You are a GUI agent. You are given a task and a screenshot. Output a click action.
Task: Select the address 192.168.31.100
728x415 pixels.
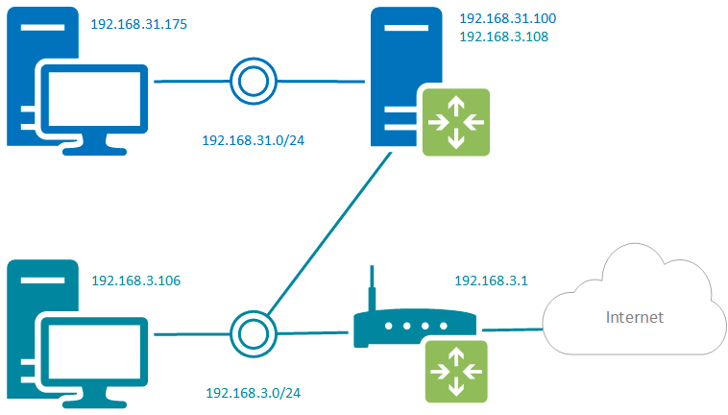coord(507,18)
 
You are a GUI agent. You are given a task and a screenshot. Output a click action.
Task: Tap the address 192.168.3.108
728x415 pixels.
coord(503,37)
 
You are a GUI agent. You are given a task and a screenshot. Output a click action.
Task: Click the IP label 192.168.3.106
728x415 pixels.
coord(136,281)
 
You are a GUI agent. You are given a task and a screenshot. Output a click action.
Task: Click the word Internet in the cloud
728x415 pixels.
coord(633,316)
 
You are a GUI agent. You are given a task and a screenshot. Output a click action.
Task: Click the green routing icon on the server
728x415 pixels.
coord(454,121)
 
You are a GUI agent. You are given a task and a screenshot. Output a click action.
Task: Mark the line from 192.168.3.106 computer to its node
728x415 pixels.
coord(191,335)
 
